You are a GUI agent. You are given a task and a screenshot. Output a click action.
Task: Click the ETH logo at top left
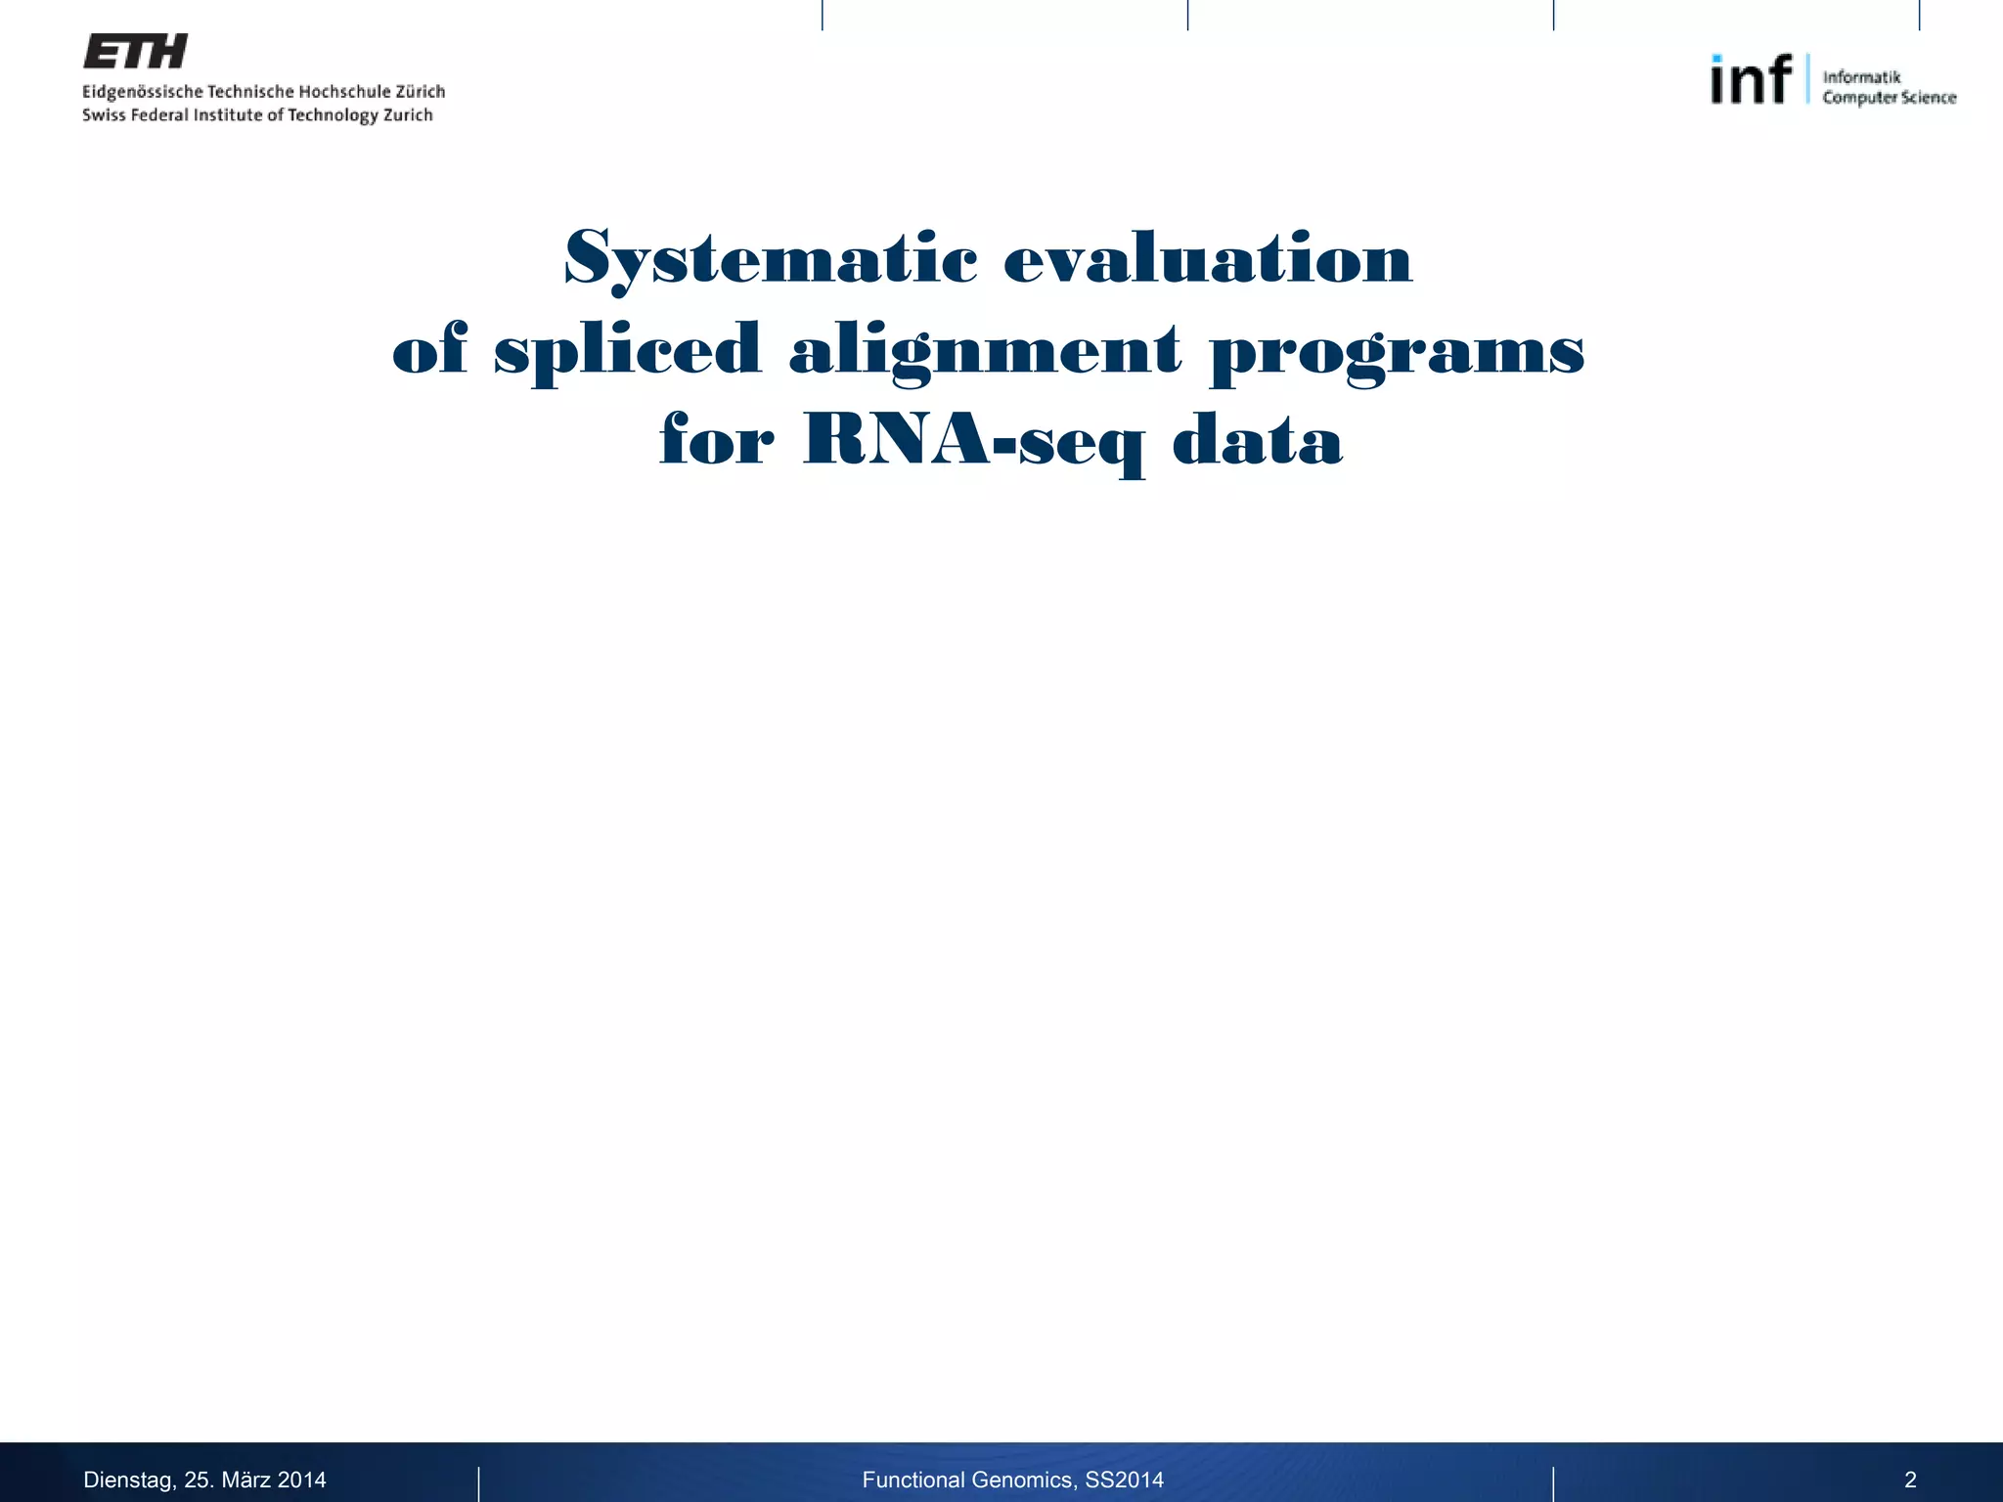[135, 52]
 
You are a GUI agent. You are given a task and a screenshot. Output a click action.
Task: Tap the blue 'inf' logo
[1751, 79]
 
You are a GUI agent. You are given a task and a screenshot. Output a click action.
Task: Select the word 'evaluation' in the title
[1208, 259]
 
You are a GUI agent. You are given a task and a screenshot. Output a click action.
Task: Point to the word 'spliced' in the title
[627, 350]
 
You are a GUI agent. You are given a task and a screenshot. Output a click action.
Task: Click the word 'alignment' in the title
[985, 350]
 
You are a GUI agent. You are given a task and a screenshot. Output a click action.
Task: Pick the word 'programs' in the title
[1397, 350]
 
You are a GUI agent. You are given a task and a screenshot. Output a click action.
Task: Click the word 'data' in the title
[1257, 440]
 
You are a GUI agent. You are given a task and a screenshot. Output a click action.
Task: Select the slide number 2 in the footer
[1910, 1480]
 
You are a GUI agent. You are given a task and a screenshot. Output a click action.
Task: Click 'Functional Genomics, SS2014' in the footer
[1012, 1480]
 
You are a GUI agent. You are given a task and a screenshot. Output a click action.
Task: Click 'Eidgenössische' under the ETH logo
[143, 92]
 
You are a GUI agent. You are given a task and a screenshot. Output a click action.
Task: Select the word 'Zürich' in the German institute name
[420, 91]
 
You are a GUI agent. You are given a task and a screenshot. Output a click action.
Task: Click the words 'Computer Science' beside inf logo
[1889, 98]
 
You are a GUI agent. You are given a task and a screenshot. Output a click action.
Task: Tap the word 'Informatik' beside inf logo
[1861, 76]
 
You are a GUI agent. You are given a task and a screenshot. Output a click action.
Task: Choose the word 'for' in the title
[717, 440]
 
